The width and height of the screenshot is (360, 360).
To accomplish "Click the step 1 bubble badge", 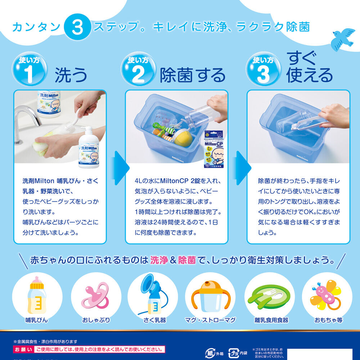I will click(30, 69).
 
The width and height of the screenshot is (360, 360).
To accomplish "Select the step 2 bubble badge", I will click(138, 69).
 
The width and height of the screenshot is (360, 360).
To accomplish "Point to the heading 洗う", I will click(71, 75).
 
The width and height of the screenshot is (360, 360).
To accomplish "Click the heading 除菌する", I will click(193, 75).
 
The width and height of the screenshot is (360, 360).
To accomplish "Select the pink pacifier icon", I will click(95, 296).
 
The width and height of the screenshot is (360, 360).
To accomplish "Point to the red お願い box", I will click(23, 349).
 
